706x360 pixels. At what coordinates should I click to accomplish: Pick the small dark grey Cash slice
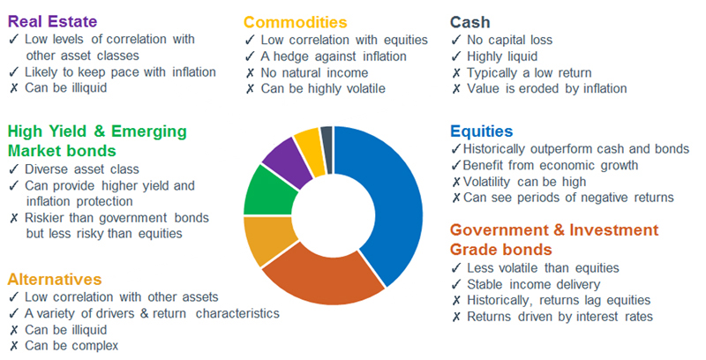point(327,138)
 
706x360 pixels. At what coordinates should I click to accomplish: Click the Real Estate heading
point(52,20)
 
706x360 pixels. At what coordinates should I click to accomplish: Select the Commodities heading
point(295,22)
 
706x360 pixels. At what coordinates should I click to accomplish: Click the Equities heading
point(484,131)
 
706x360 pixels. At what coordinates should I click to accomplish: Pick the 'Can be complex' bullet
point(71,345)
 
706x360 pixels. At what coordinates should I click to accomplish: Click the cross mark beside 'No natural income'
point(250,72)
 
